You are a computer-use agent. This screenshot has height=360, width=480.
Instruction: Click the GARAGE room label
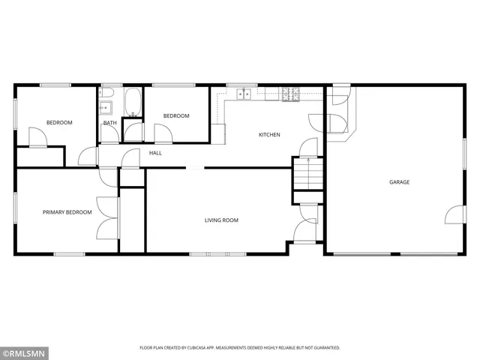[399, 182]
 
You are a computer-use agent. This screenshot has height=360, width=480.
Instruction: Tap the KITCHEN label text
[269, 135]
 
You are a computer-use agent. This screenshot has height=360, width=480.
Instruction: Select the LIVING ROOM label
[221, 220]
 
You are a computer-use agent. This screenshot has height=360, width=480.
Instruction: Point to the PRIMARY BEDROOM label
[67, 212]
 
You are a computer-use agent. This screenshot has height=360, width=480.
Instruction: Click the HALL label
[155, 153]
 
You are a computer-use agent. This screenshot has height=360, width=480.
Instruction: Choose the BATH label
[109, 123]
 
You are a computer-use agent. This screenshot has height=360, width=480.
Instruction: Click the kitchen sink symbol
[244, 94]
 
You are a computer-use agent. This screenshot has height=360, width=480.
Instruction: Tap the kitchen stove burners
[289, 94]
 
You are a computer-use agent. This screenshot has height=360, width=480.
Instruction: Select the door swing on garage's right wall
[454, 216]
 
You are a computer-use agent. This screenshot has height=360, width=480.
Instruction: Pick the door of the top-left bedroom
[37, 136]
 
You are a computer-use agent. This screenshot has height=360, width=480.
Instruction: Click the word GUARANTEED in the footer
[323, 348]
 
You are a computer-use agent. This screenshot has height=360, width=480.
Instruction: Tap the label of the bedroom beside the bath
[176, 115]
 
